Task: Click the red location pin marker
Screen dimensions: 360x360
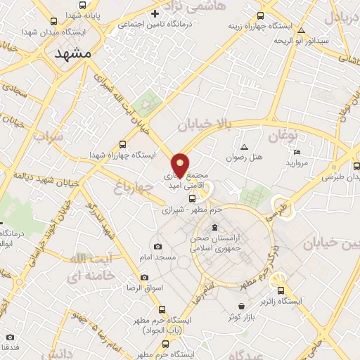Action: coord(181,165)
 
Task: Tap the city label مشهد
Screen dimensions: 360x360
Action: coord(73,53)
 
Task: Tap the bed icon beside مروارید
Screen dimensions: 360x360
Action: coord(297,153)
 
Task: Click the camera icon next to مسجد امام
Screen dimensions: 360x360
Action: coord(157,247)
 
